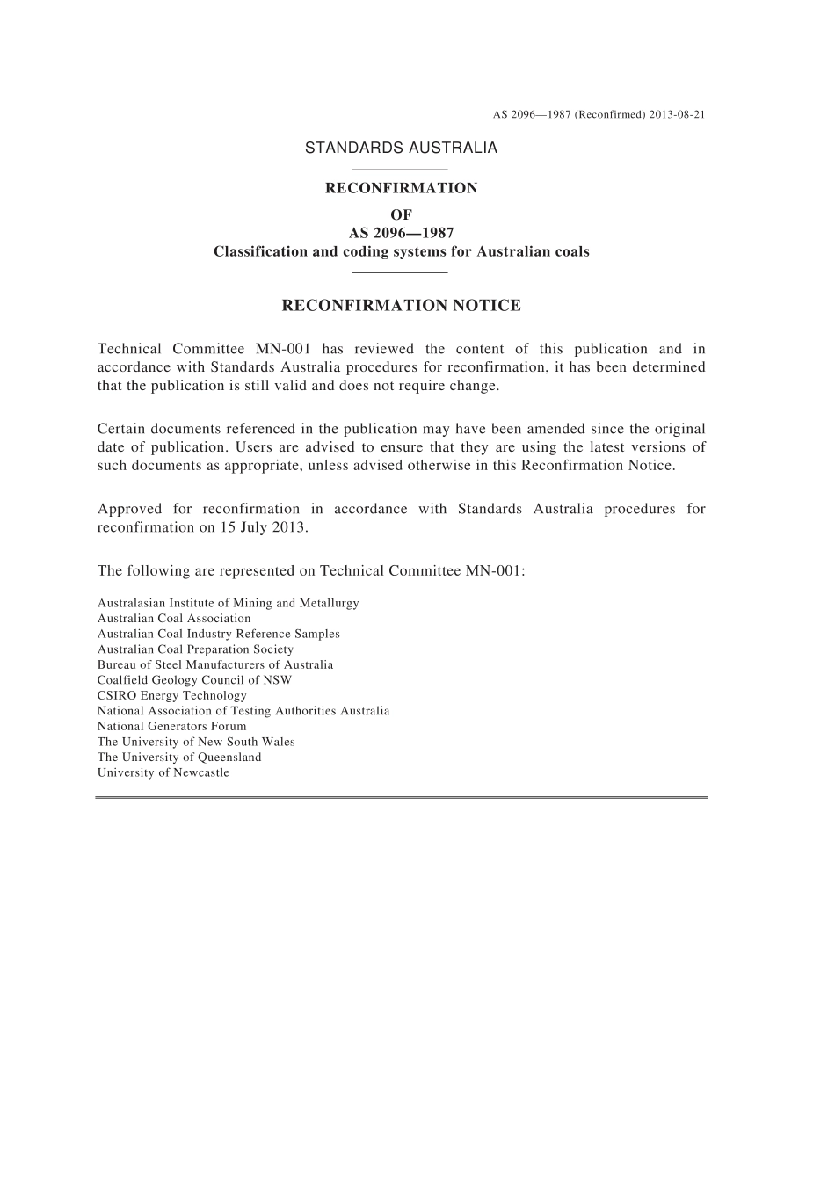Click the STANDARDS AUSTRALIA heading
pos(401,148)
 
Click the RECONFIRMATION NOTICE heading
pos(401,306)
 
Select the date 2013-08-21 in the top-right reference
pos(678,114)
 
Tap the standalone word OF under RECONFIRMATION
pos(401,214)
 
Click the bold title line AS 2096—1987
pos(401,233)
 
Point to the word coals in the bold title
pos(572,251)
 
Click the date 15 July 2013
pos(264,527)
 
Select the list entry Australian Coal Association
pos(174,619)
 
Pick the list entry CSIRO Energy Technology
pos(172,695)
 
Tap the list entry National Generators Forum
pos(172,726)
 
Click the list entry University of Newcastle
pos(163,772)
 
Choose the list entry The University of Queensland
pos(179,757)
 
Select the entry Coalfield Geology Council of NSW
pos(194,680)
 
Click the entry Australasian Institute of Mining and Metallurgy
pos(229,603)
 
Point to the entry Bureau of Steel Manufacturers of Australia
pos(215,664)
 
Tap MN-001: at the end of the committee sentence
pos(497,571)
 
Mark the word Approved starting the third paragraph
pos(129,509)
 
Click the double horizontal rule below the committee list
pos(401,797)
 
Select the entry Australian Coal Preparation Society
pos(195,649)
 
